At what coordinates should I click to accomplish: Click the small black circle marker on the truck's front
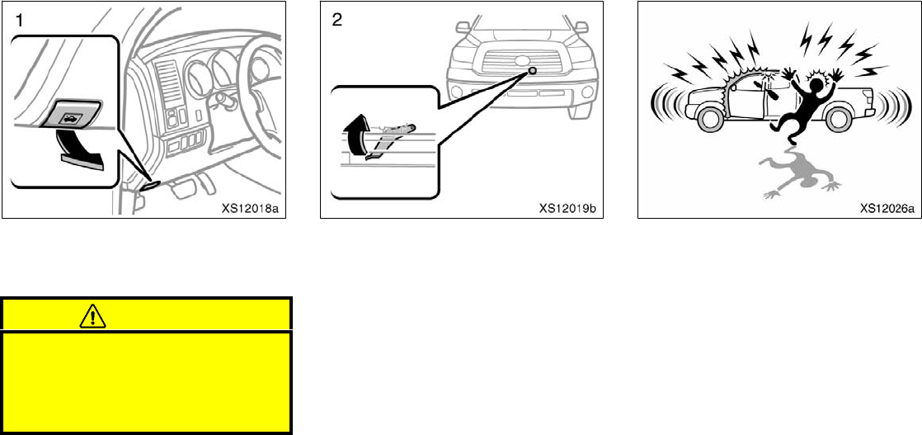point(534,70)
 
